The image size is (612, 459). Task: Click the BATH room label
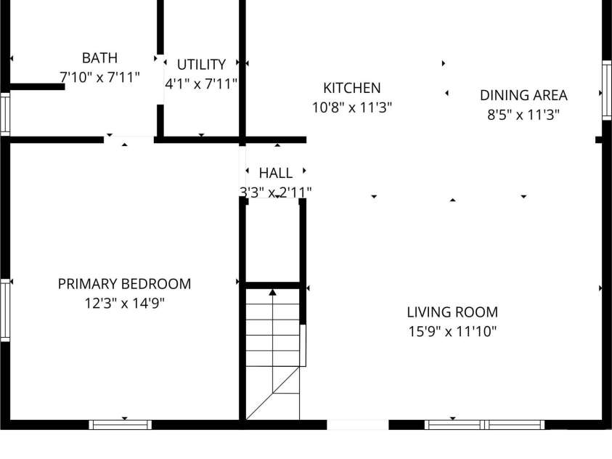click(x=99, y=57)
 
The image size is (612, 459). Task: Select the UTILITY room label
click(x=201, y=65)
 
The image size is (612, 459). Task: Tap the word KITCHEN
click(x=351, y=88)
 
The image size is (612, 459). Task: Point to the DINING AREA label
click(x=523, y=95)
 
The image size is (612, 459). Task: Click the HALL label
click(x=276, y=173)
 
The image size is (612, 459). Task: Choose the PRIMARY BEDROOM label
click(x=124, y=284)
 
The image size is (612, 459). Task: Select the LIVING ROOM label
click(x=452, y=312)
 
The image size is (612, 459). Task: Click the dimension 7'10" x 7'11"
click(x=99, y=76)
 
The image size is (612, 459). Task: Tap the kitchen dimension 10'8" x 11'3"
click(x=351, y=107)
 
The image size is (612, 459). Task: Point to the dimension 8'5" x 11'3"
click(x=523, y=115)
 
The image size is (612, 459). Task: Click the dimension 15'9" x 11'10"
click(x=452, y=332)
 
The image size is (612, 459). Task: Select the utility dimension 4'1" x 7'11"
click(x=201, y=84)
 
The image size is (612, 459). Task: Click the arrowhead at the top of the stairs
click(x=273, y=292)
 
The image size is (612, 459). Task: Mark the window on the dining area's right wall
click(x=605, y=90)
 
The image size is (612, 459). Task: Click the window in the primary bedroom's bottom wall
click(x=121, y=424)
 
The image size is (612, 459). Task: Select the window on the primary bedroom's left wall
click(x=5, y=311)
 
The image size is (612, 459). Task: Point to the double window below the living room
click(x=484, y=424)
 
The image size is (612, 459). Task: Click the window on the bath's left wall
click(x=5, y=113)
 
